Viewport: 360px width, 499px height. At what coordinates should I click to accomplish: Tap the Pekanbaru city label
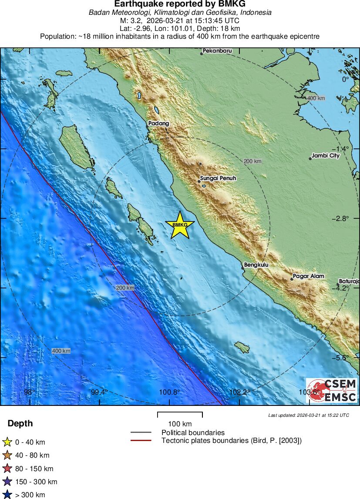click(217, 51)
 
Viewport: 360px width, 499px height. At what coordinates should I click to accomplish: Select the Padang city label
click(158, 124)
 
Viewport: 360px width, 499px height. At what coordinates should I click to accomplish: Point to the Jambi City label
click(326, 156)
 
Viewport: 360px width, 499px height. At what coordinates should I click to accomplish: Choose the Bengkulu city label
click(256, 265)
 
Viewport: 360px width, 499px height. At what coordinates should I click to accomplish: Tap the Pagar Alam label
click(308, 276)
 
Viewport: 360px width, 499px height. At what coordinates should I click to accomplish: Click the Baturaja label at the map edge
click(349, 281)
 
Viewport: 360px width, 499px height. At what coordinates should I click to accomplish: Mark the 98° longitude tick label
click(29, 392)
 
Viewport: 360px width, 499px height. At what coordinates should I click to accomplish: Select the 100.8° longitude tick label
click(169, 392)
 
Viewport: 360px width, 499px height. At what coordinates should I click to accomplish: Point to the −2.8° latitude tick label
click(340, 218)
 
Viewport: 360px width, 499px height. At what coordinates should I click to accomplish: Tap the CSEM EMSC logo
click(332, 390)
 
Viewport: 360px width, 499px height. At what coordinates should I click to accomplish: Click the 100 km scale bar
click(180, 415)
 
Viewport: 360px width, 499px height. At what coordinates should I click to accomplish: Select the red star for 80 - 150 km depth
click(7, 469)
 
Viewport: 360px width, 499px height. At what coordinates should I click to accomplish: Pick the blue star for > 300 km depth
click(7, 495)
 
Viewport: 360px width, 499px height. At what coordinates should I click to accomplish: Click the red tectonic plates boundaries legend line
click(141, 441)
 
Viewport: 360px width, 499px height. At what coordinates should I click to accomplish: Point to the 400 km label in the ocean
click(61, 351)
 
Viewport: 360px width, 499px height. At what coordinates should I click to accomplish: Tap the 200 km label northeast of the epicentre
click(252, 161)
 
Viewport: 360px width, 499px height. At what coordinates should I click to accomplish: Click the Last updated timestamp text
click(308, 415)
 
